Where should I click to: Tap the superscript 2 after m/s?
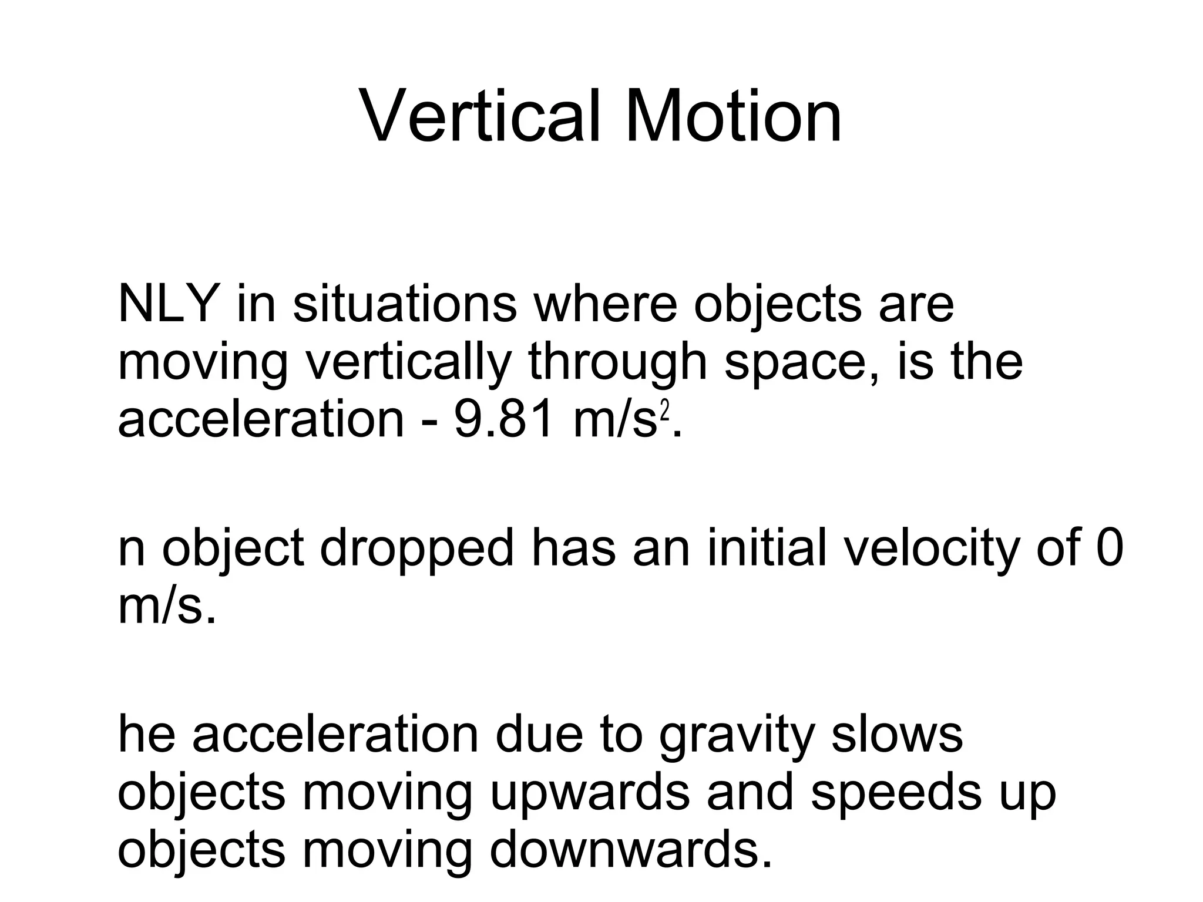click(665, 411)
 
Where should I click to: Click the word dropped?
click(417, 549)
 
